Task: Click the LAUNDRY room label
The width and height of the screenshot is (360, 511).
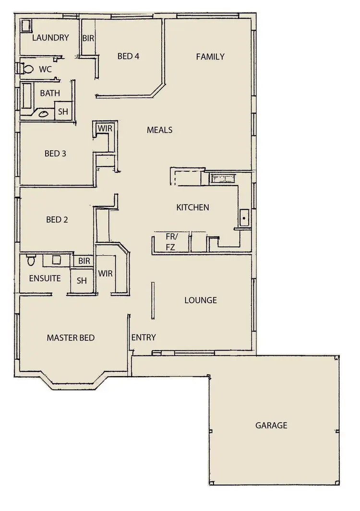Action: pos(50,37)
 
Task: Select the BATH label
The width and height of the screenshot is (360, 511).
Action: pos(50,93)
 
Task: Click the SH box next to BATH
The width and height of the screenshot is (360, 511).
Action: pos(63,112)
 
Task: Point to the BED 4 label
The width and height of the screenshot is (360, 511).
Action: pos(128,56)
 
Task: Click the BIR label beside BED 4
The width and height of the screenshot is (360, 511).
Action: pos(88,38)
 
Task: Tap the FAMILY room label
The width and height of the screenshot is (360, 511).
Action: pos(210,57)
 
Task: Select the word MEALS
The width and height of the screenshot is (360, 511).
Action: pos(159,130)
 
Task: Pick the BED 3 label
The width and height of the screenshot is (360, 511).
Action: pos(55,154)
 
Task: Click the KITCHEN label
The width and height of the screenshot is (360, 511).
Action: pos(192,207)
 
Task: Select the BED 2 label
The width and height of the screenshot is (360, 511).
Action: pos(57,220)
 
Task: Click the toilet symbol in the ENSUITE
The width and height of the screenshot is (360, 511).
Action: pos(31,261)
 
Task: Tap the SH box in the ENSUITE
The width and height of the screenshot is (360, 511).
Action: pos(82,281)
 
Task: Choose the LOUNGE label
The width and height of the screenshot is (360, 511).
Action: pos(201,300)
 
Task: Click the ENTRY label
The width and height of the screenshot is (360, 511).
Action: pos(144,337)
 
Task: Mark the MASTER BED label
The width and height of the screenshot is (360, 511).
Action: pos(71,338)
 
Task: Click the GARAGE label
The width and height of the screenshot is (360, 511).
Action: pos(271,425)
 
